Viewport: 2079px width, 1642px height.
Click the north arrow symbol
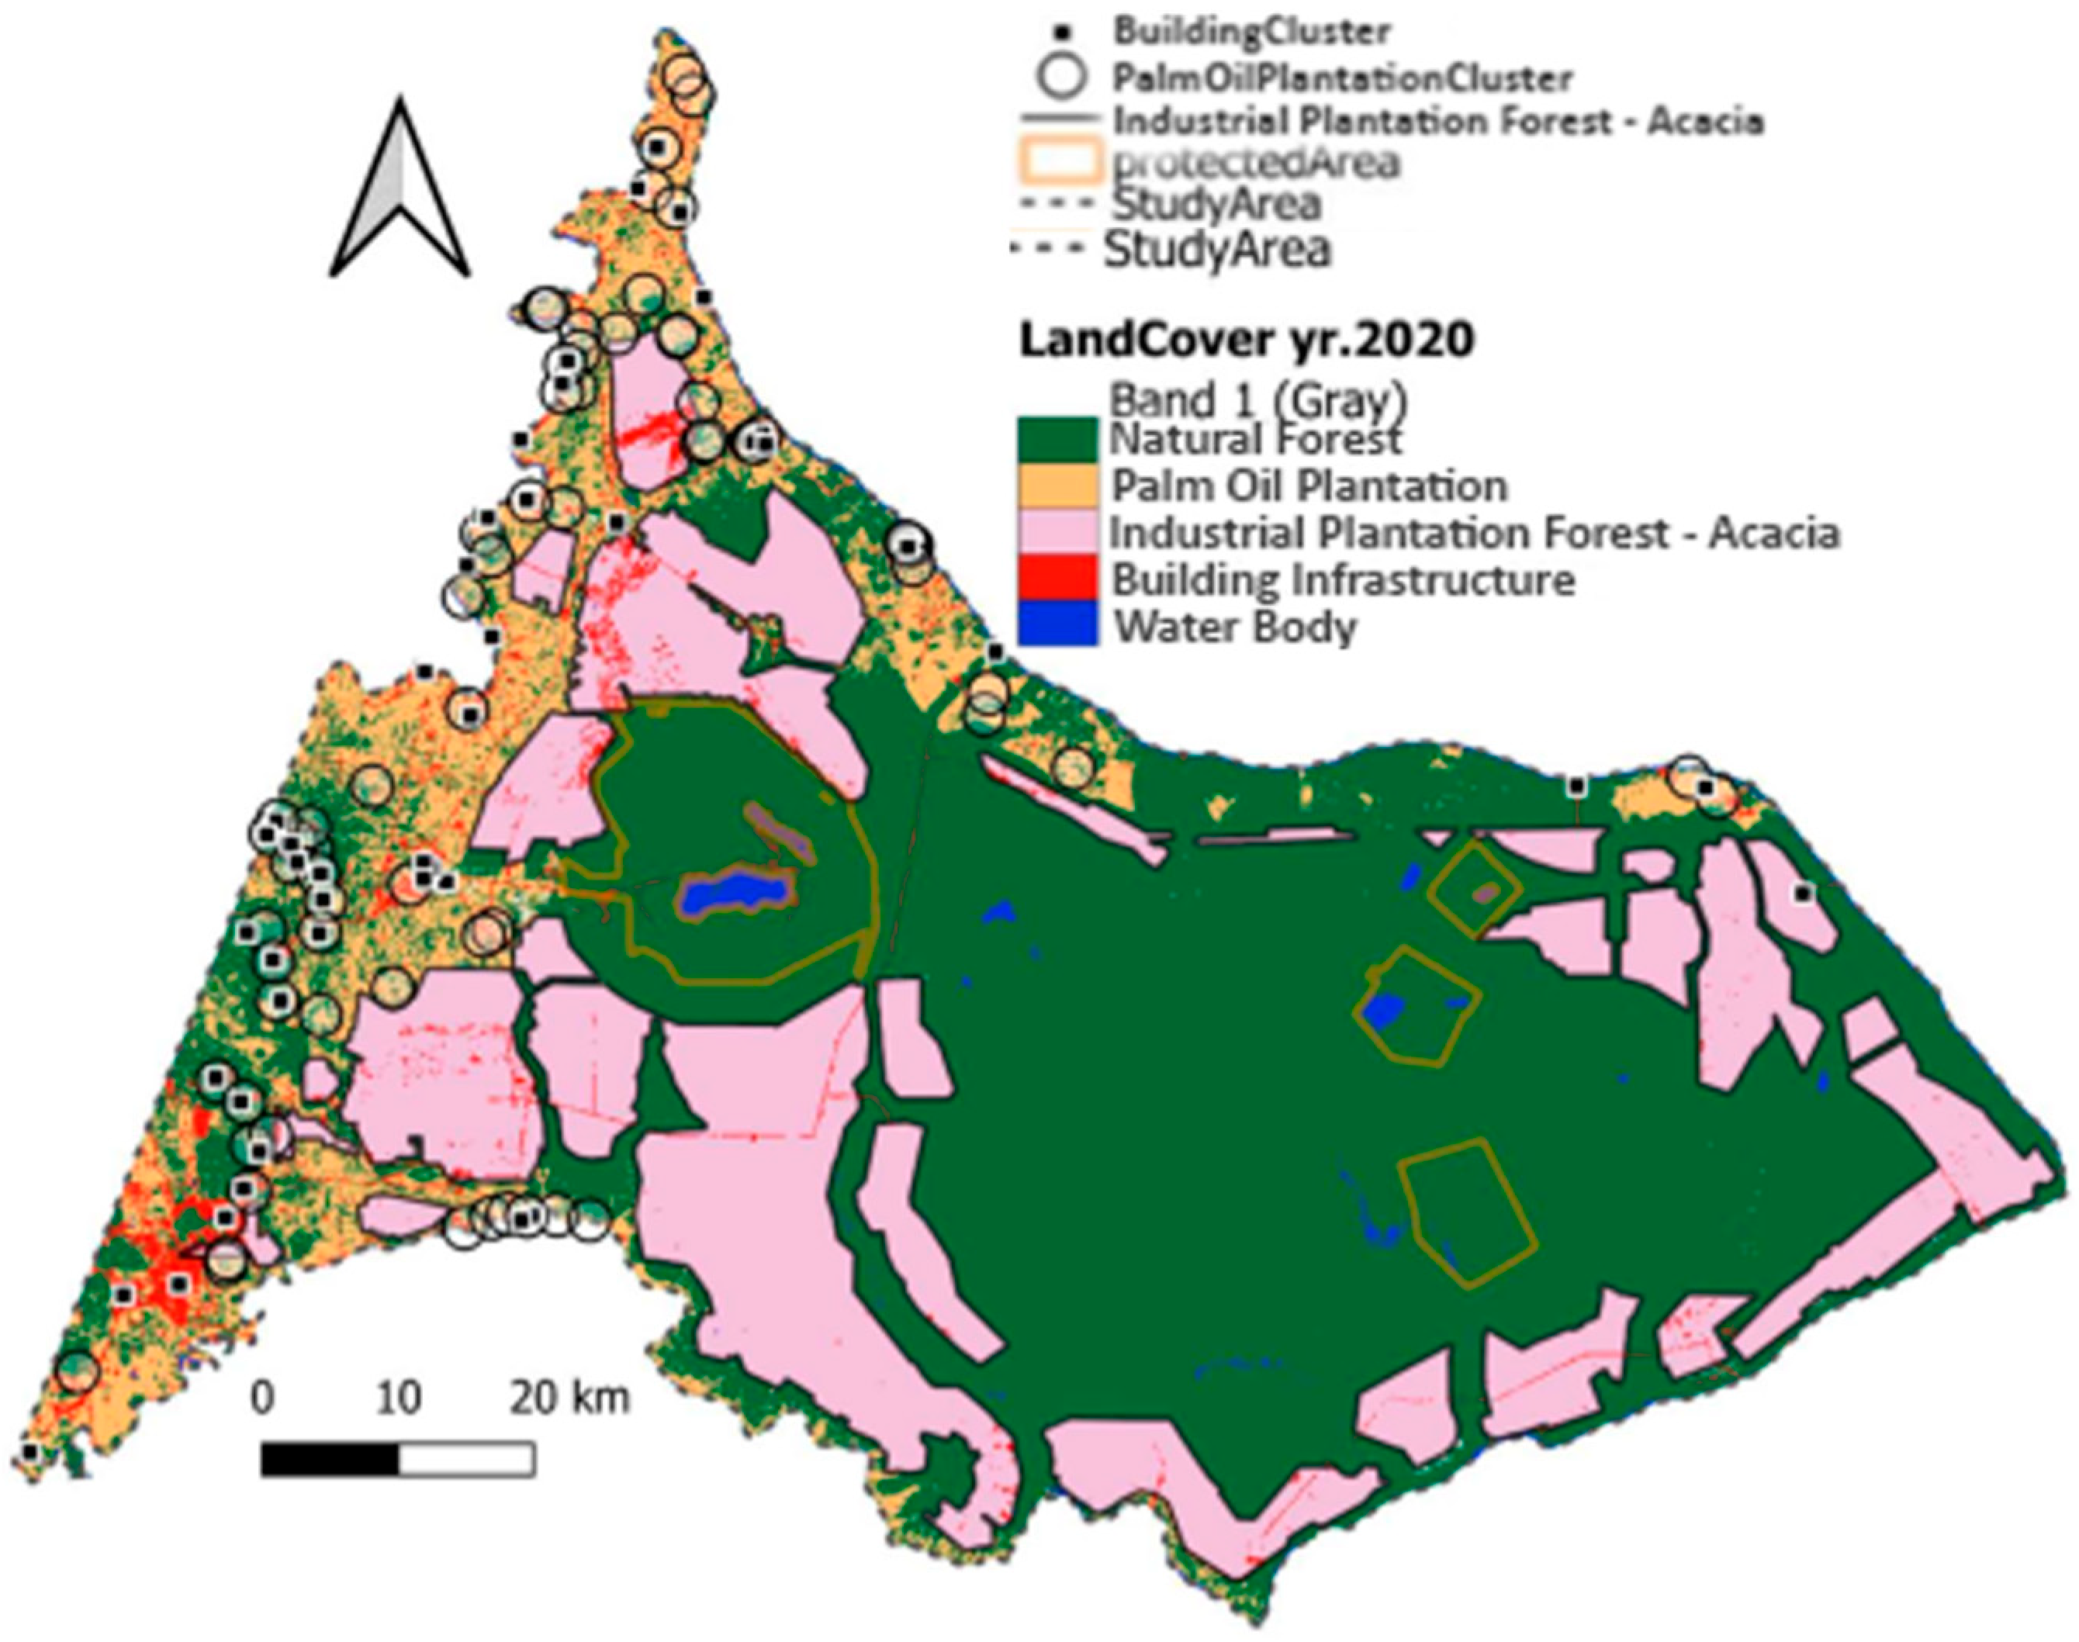click(x=399, y=192)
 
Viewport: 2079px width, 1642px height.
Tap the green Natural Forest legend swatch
click(x=1057, y=439)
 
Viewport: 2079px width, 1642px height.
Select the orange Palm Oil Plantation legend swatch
click(x=1057, y=486)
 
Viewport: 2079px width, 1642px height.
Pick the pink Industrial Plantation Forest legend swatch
click(x=1057, y=533)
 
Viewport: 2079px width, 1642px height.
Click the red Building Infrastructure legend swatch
click(x=1057, y=579)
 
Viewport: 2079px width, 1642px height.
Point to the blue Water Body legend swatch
click(x=1057, y=625)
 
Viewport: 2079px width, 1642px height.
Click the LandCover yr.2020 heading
click(x=1247, y=340)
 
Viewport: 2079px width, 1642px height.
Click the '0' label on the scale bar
click(x=262, y=1398)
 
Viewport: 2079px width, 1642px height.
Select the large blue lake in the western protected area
click(x=735, y=891)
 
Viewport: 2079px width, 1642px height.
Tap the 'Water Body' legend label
click(x=1236, y=627)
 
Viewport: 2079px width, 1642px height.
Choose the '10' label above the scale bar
click(x=398, y=1398)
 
